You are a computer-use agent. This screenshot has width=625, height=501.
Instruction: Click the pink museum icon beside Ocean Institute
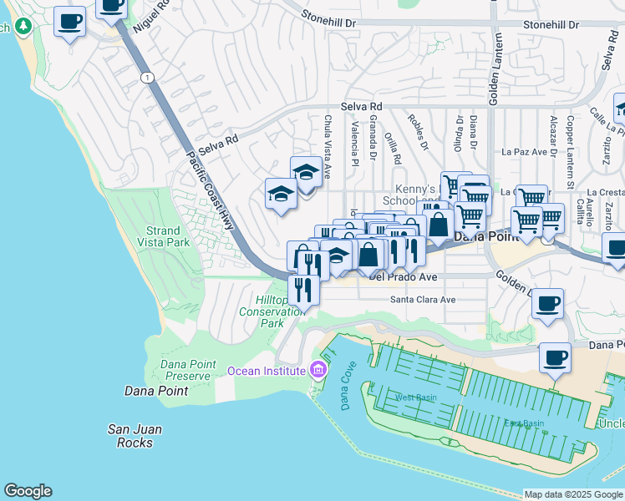coord(318,369)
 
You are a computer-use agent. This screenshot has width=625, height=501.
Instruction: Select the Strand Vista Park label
coord(162,236)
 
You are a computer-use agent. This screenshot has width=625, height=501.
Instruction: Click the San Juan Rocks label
coord(135,436)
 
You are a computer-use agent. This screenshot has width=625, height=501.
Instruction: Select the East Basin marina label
coord(524,423)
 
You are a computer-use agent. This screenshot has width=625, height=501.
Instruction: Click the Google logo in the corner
coord(28,491)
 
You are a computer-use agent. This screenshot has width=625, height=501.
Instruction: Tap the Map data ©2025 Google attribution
coord(573,494)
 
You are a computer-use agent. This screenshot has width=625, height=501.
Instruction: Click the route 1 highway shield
coord(147,78)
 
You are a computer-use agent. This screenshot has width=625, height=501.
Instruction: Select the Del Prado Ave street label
coord(403,276)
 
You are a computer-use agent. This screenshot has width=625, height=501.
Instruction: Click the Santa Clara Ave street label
coord(423,300)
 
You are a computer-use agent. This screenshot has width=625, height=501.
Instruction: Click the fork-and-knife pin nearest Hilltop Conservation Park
coord(302,290)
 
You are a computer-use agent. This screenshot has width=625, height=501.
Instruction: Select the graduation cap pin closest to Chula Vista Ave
coord(306,173)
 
